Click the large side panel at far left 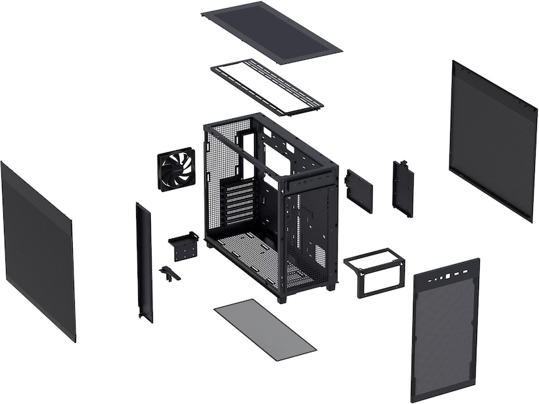[x=37, y=249]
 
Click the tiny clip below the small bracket [x=167, y=273]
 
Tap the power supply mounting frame [x=374, y=273]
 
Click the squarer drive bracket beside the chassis [x=358, y=191]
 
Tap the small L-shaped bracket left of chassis [x=183, y=245]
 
